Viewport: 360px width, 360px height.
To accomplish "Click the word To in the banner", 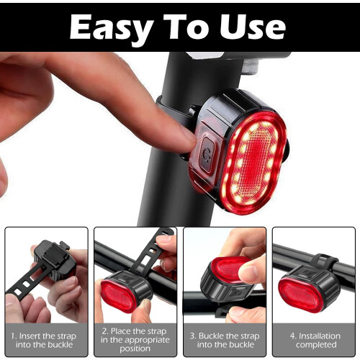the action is click(186, 27).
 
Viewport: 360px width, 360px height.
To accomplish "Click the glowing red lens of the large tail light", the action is click(253, 163).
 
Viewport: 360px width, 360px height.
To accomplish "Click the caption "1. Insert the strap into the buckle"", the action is click(44, 340).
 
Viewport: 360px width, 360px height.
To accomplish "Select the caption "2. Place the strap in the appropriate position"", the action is click(135, 340).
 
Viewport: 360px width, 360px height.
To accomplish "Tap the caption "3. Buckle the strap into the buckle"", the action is click(225, 340).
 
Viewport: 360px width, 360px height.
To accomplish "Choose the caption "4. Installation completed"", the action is click(315, 340).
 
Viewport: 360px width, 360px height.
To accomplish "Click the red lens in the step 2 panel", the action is click(118, 296).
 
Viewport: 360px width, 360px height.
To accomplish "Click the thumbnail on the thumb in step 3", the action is click(248, 272).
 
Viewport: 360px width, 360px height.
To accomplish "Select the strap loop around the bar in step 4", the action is click(324, 261).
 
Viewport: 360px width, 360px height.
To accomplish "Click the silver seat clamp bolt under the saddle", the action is click(251, 66).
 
